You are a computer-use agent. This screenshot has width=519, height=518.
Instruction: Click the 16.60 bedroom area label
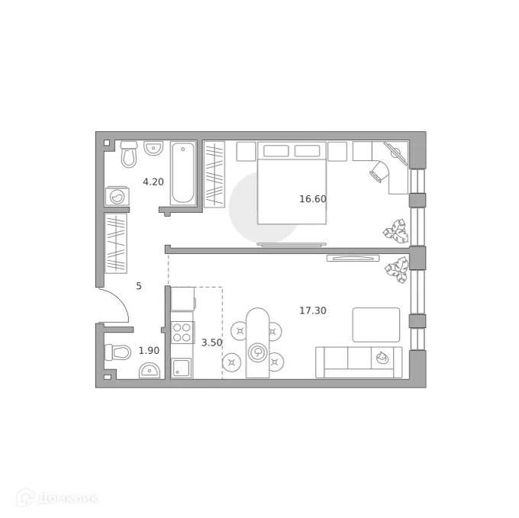(x=312, y=199)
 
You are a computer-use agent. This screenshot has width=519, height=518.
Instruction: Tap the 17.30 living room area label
(x=312, y=310)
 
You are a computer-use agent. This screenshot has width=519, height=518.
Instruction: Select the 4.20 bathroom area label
(x=153, y=182)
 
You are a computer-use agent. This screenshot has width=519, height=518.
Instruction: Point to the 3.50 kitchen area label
(x=211, y=343)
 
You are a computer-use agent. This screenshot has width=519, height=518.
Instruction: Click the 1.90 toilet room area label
(x=149, y=350)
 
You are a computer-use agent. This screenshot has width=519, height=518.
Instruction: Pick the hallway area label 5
(x=139, y=286)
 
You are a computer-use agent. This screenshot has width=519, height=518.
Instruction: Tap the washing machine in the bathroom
(x=118, y=197)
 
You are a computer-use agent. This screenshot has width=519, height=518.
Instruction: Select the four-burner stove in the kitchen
(x=182, y=333)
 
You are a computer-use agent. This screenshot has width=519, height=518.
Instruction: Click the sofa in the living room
(x=359, y=362)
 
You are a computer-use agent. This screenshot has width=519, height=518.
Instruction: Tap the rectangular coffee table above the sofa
(x=376, y=324)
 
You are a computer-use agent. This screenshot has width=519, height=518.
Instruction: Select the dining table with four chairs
(x=258, y=343)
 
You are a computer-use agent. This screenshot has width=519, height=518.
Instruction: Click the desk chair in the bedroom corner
(x=379, y=169)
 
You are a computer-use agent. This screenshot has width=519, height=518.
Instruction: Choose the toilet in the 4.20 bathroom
(x=128, y=154)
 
